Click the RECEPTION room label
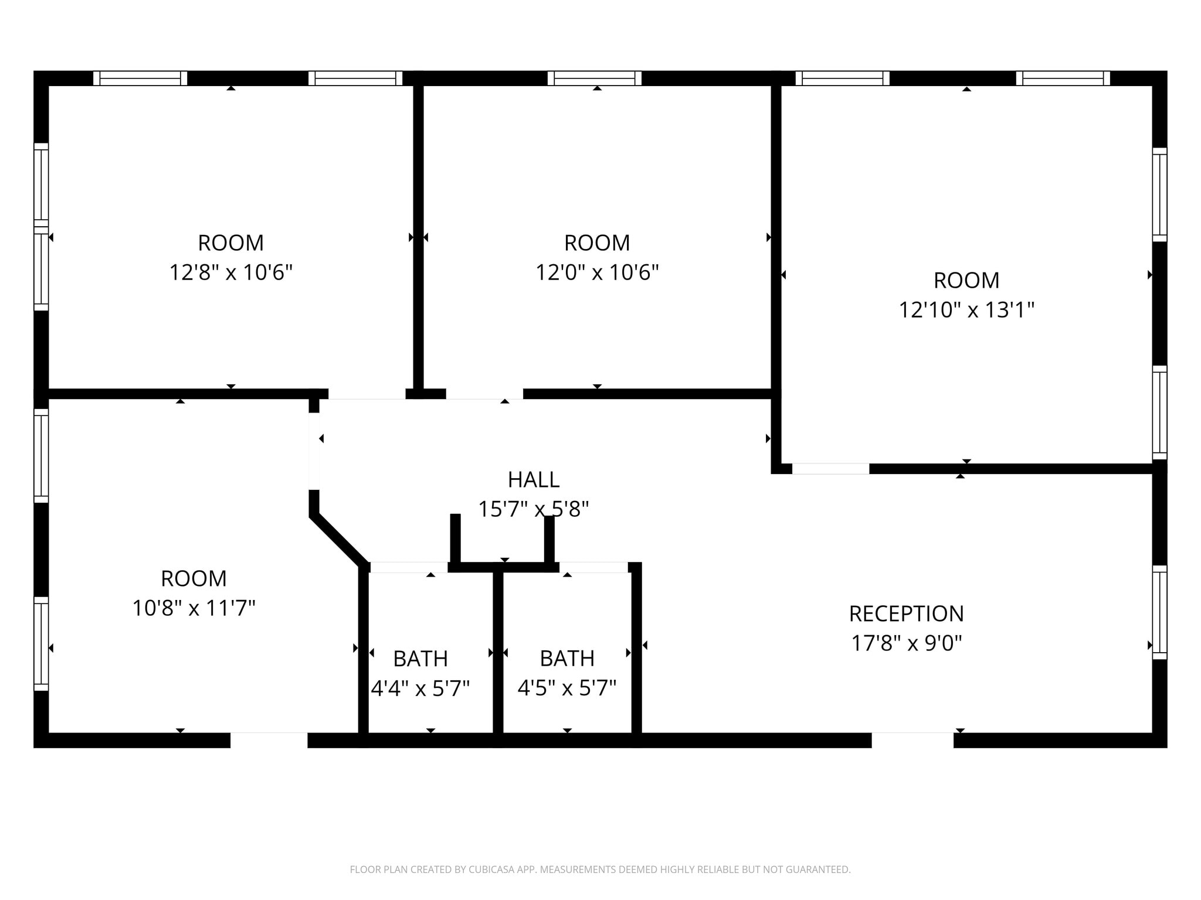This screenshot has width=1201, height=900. [x=906, y=613]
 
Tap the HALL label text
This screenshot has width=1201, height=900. [x=533, y=479]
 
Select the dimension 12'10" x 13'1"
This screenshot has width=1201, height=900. [x=966, y=309]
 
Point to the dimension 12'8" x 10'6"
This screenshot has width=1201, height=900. [x=230, y=272]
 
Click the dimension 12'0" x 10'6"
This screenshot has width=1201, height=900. [x=597, y=272]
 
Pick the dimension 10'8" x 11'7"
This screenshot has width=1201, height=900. [x=194, y=608]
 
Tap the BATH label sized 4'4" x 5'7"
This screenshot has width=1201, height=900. [x=420, y=659]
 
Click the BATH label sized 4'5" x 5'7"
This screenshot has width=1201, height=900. [x=566, y=659]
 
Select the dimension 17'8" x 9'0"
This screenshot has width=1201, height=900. [x=906, y=643]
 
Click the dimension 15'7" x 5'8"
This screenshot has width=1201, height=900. [x=533, y=509]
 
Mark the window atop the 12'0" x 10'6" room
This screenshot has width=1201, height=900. [x=594, y=78]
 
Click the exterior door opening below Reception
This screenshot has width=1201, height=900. [x=912, y=740]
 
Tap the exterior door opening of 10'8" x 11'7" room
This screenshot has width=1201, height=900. [x=269, y=740]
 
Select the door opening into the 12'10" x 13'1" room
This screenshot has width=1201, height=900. [x=830, y=469]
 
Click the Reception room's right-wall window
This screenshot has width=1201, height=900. [x=1159, y=612]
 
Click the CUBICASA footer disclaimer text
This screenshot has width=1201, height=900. [x=600, y=870]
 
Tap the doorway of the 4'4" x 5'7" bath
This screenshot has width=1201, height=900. [x=408, y=567]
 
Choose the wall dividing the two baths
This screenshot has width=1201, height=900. [x=498, y=653]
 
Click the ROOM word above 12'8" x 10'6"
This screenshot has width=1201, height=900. [x=230, y=243]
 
